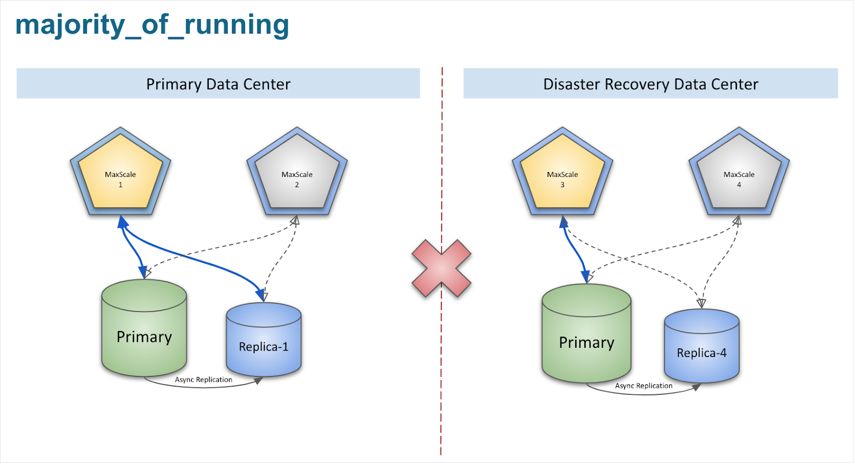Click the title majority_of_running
click(152, 25)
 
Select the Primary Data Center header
click(218, 84)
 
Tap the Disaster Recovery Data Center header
click(650, 84)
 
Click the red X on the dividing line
click(441, 268)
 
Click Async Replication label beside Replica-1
click(203, 380)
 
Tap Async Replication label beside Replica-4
click(644, 386)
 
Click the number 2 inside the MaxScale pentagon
click(297, 185)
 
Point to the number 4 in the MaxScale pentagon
click(739, 185)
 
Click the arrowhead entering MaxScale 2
click(295, 221)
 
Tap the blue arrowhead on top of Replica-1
click(261, 295)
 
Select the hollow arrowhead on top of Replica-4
click(701, 303)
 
